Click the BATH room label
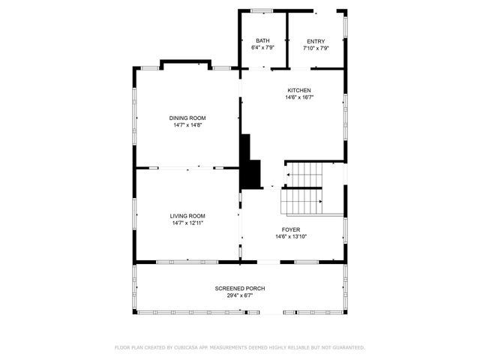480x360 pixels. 262,40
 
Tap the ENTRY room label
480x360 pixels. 316,40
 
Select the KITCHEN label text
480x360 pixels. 298,90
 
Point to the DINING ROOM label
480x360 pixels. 187,118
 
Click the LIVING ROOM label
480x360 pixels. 187,215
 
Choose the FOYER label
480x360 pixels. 291,230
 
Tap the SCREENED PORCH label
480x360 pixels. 240,288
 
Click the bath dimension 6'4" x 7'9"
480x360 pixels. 262,47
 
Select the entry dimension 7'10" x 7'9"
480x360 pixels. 316,47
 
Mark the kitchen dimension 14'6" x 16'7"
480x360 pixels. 298,97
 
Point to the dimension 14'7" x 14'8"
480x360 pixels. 187,124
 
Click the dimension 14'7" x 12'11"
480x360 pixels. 187,222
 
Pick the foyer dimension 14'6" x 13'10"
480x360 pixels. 291,237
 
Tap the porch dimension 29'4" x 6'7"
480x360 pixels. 240,295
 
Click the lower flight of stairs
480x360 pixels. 301,201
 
